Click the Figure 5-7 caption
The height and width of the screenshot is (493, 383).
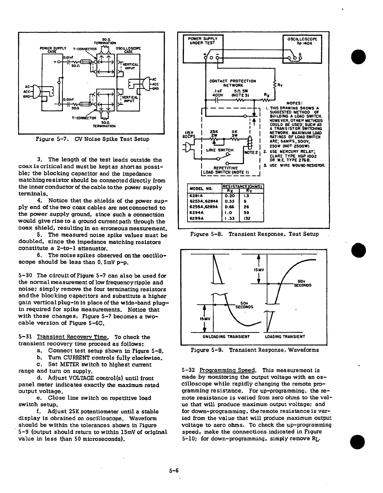(93, 139)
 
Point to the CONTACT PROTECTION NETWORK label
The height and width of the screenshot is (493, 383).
(232, 83)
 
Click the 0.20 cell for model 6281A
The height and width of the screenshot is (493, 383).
(229, 196)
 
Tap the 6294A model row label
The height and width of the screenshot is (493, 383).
(197, 213)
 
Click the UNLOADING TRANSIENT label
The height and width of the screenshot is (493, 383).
(226, 336)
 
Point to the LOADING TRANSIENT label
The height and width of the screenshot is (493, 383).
(285, 336)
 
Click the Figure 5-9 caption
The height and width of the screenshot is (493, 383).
(255, 350)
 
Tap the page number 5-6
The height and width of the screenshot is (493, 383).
(174, 471)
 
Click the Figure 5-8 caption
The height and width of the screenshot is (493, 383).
(254, 234)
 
